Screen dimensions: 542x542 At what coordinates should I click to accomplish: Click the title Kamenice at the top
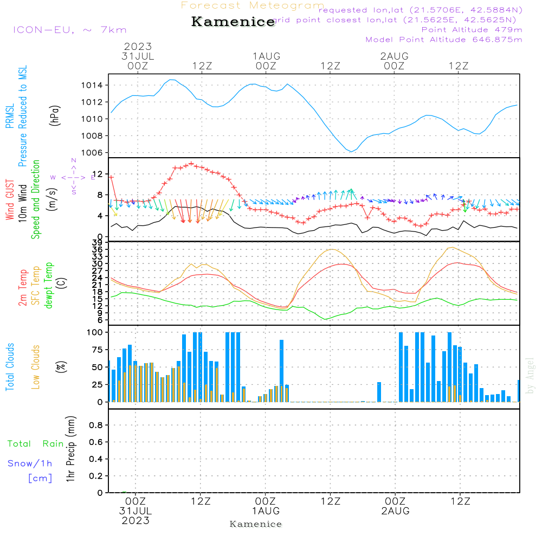click(233, 22)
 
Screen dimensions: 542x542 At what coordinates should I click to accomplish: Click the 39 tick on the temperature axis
click(100, 242)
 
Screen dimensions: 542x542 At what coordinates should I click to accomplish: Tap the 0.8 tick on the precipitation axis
click(95, 425)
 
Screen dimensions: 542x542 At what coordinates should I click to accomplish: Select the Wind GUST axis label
click(10, 201)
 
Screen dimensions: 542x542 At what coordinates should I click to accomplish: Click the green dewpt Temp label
click(49, 286)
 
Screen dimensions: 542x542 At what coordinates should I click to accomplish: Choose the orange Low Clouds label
click(36, 367)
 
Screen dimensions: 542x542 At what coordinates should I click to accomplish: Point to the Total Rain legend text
click(36, 444)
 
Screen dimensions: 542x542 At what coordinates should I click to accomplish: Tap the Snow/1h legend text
click(30, 463)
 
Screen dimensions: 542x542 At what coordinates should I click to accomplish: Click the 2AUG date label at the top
click(395, 56)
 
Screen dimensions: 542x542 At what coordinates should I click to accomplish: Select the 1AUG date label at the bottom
click(266, 511)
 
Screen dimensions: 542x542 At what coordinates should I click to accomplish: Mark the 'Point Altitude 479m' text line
click(472, 29)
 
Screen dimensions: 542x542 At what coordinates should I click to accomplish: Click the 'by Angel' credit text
click(531, 376)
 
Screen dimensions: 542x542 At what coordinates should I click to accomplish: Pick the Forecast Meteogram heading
click(253, 5)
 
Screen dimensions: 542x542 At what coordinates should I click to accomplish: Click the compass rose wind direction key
click(73, 177)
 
